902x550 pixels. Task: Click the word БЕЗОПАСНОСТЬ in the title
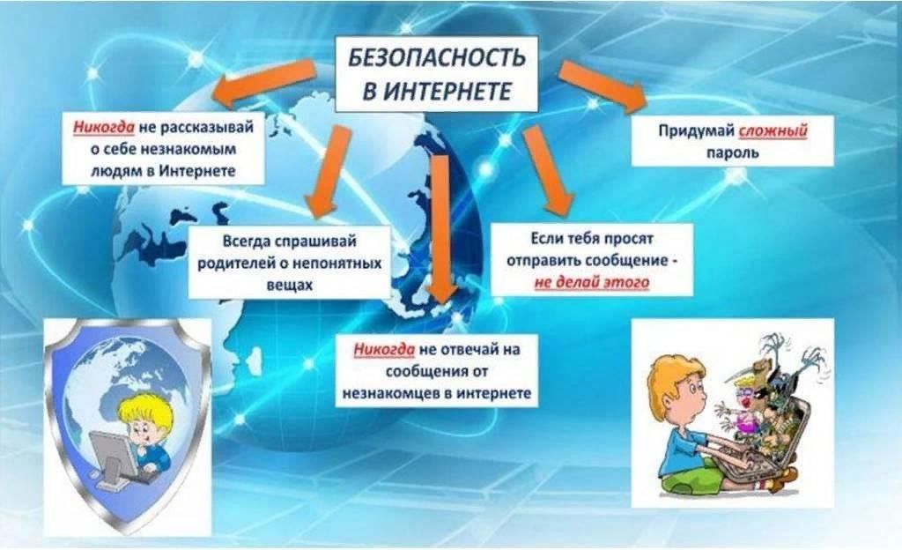[x=437, y=57]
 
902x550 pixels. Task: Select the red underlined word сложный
[x=773, y=130]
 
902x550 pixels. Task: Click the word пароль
[x=733, y=153]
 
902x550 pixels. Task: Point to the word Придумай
[x=697, y=130]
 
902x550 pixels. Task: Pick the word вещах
[x=289, y=285]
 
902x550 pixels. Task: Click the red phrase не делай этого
[x=592, y=282]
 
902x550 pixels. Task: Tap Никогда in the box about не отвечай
[x=384, y=349]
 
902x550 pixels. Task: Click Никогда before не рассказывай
[x=104, y=127]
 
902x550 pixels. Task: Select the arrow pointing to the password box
[x=603, y=85]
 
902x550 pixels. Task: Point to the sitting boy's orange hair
[x=672, y=374]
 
